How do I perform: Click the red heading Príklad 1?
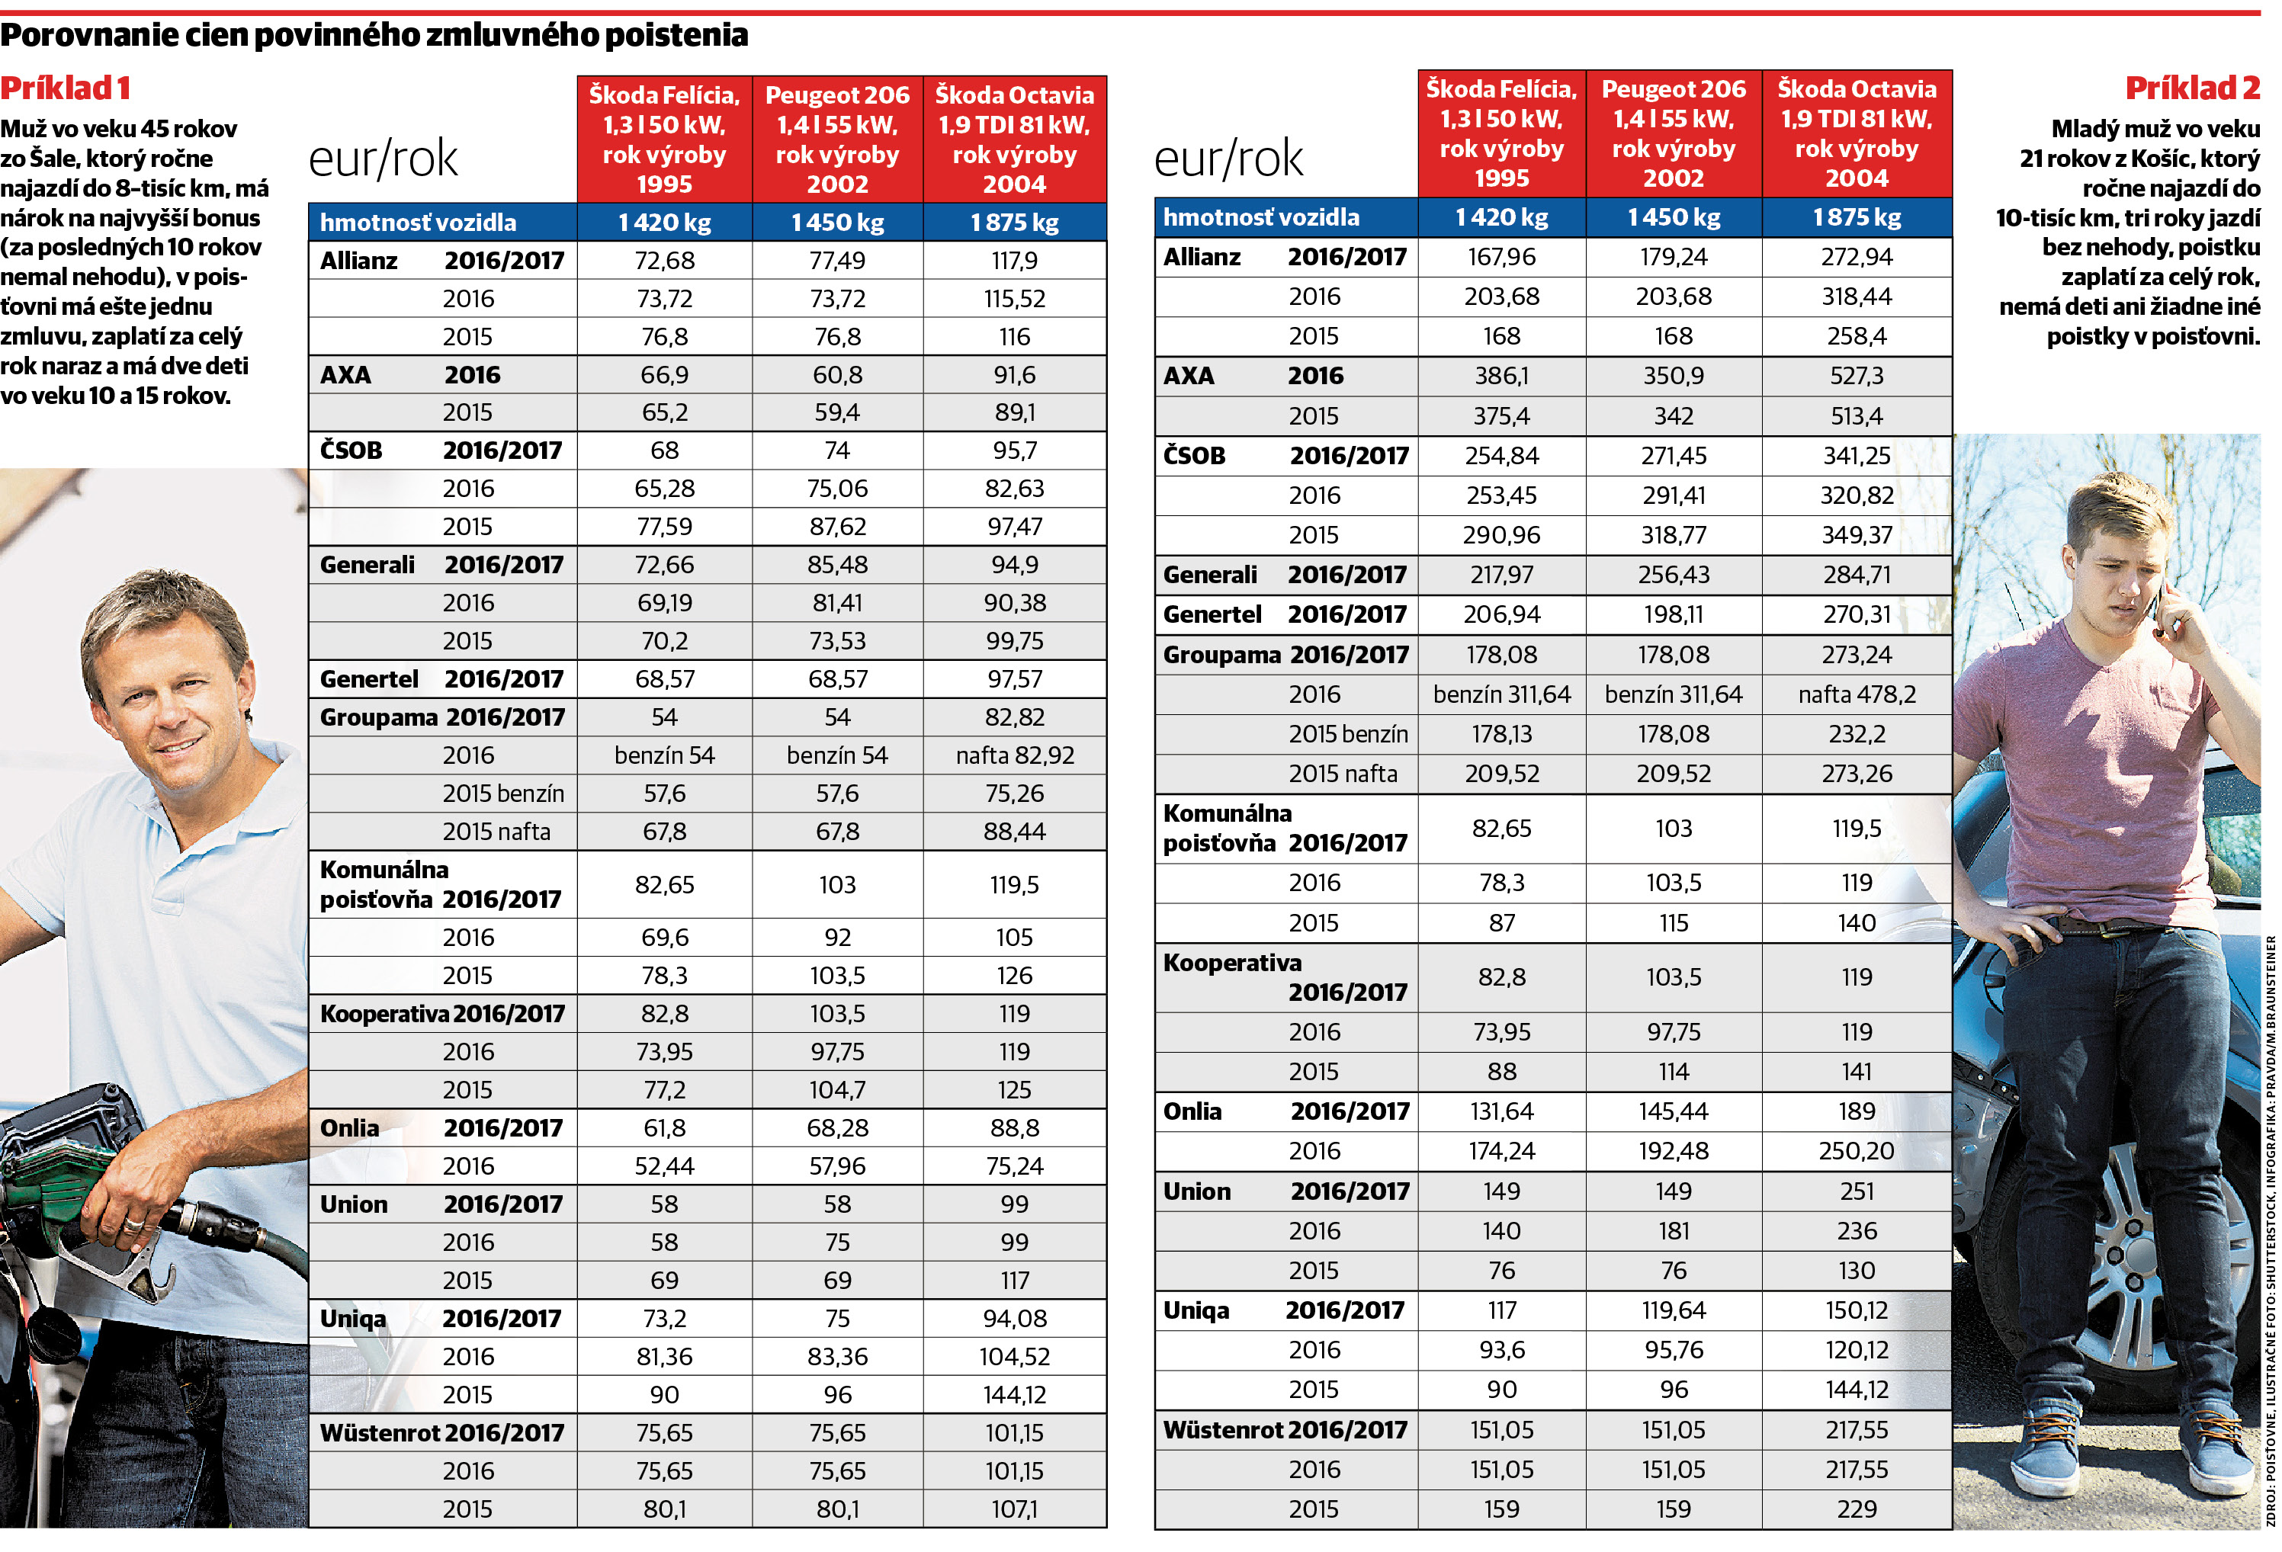[x=65, y=88]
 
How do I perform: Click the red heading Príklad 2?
[x=2193, y=88]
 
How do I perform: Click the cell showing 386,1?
[x=1501, y=376]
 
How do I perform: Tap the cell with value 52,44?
[x=665, y=1166]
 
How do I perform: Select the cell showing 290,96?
[x=1501, y=535]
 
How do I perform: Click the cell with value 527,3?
[x=1857, y=376]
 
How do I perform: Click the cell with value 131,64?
[x=1501, y=1111]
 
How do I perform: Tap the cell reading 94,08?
[x=1014, y=1319]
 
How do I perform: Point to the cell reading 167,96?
[x=1501, y=257]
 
